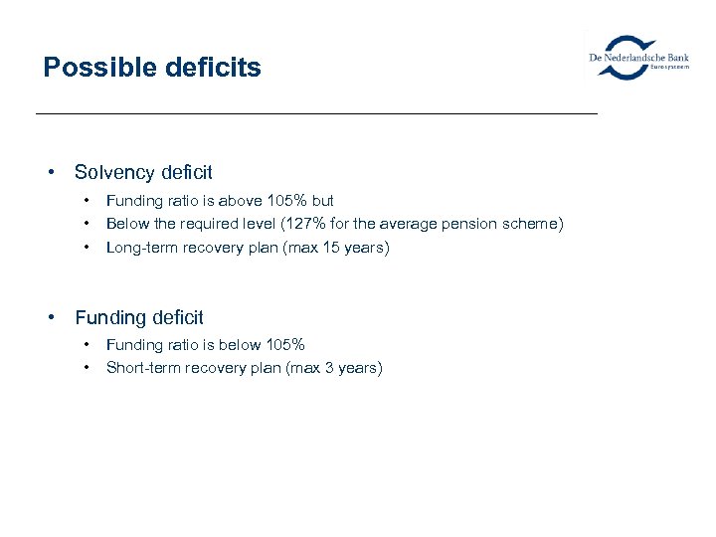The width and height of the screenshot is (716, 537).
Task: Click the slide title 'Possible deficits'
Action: pos(152,68)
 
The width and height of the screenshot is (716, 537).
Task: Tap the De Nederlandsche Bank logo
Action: pos(639,58)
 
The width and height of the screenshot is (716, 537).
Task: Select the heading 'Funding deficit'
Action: pos(139,317)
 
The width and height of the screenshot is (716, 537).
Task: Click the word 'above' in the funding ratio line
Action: pos(232,200)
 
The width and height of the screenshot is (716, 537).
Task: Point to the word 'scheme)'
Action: pos(535,224)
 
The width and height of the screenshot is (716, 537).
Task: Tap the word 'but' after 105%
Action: pos(322,200)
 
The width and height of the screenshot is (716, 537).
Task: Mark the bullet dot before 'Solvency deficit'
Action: pos(50,172)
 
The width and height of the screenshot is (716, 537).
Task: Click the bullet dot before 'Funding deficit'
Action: pos(50,317)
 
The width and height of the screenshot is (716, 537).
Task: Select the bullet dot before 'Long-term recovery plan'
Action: pos(88,247)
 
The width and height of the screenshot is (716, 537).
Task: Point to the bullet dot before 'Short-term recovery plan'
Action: pos(88,367)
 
